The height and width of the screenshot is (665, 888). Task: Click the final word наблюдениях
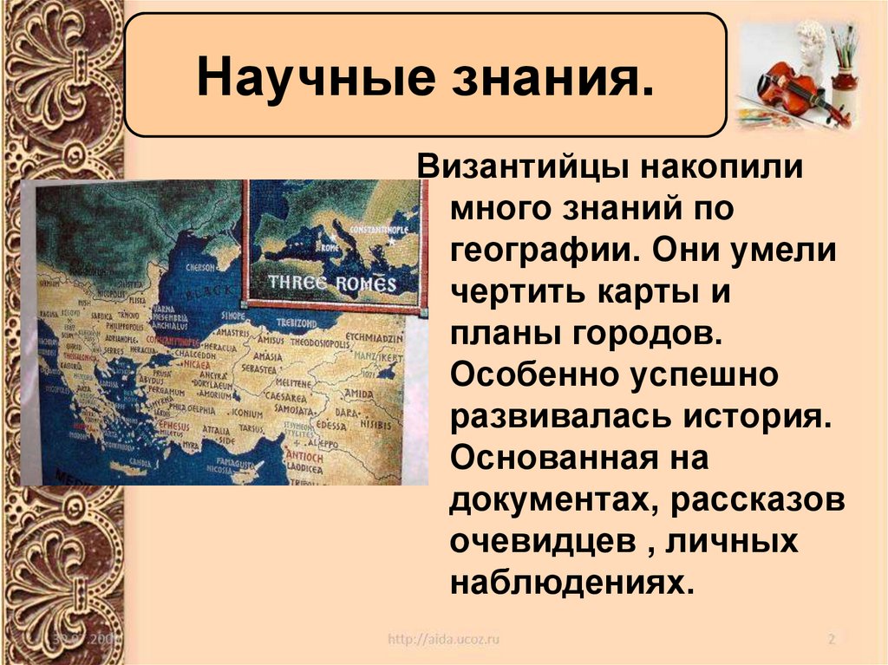(x=571, y=583)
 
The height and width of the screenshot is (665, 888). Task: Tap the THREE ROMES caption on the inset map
(x=332, y=283)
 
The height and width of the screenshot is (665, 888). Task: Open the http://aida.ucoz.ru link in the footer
(x=443, y=640)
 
